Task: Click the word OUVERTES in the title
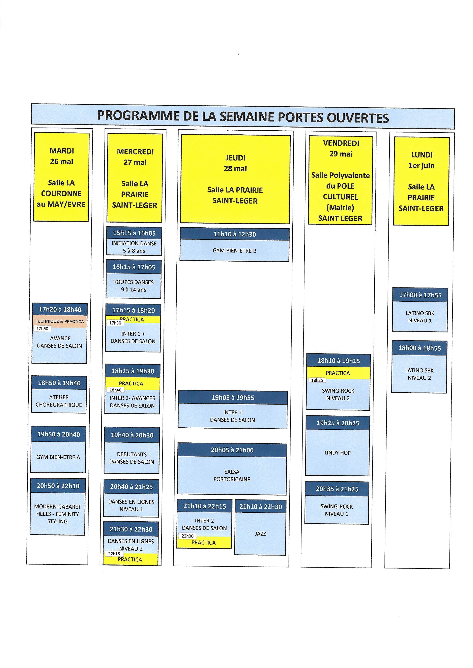pos(358,118)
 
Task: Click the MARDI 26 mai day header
pos(61,177)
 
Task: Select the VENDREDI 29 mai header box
pos(340,181)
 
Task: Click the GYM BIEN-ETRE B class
pos(234,251)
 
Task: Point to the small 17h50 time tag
pos(42,329)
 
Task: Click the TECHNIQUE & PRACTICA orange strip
pos(60,321)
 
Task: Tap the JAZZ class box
pos(260,534)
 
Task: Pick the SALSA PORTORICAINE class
pos(232,475)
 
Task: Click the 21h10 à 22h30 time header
pos(260,507)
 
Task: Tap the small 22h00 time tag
pos(187,536)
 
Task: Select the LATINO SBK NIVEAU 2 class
pos(419,374)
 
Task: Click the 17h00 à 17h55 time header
pos(420,295)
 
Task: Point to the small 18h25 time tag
pos(317,380)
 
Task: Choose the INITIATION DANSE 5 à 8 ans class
pos(134,247)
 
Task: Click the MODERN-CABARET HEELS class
pos(57,514)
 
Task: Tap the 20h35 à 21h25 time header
pos(337,489)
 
